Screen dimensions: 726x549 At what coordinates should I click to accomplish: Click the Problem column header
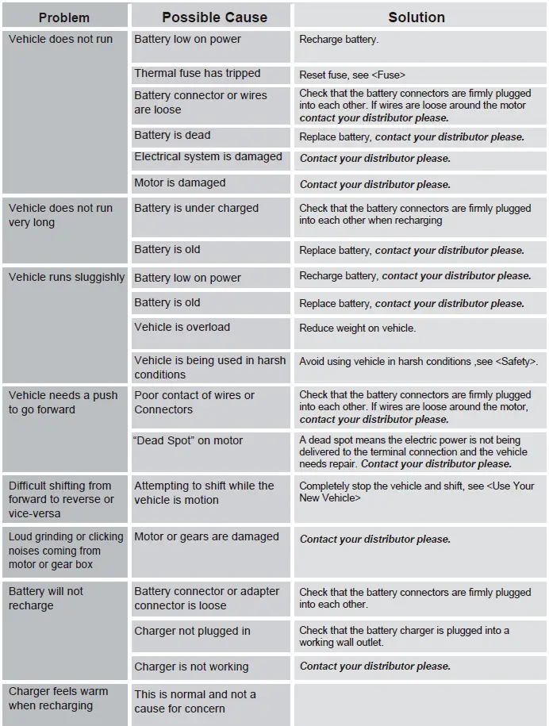[64, 17]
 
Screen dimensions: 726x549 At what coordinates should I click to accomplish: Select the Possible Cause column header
[210, 17]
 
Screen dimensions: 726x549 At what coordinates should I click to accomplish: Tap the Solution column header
[417, 17]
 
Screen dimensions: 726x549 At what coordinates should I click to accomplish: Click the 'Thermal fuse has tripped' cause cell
[198, 74]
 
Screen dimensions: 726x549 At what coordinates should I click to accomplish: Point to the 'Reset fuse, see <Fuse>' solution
[352, 75]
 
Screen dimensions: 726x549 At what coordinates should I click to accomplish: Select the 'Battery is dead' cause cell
[173, 136]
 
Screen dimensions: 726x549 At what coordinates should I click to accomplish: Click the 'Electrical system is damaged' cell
[208, 157]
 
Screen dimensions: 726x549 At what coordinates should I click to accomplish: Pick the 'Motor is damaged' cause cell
[180, 183]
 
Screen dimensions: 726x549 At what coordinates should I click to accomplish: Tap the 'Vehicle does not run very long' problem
[60, 215]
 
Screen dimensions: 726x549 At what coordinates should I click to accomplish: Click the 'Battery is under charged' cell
[197, 208]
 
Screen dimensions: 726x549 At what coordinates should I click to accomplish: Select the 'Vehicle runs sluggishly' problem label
[67, 278]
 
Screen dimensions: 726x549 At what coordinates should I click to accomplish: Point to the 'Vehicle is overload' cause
[182, 327]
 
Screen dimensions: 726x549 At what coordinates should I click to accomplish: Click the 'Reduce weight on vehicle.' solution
[357, 328]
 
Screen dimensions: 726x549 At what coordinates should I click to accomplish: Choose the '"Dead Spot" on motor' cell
[189, 440]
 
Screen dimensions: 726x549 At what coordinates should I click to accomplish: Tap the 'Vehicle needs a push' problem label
[63, 402]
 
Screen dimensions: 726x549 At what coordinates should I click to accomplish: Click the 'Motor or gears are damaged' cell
[206, 536]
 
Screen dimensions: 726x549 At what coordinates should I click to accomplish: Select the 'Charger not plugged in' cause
[192, 631]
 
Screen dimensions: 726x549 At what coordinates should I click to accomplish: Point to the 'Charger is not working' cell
[191, 666]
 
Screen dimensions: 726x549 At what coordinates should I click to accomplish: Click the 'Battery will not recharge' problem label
[46, 598]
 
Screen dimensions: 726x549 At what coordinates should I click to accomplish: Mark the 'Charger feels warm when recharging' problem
[58, 698]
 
